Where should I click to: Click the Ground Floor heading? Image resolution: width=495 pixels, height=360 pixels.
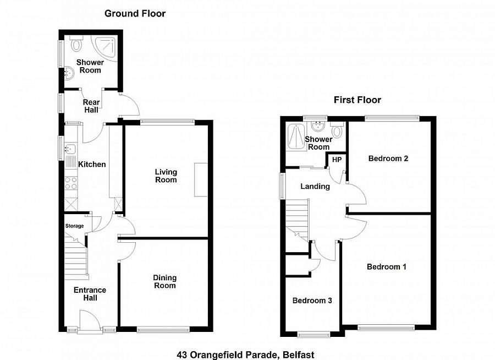pos(135,13)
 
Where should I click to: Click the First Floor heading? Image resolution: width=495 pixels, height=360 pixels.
pos(358,100)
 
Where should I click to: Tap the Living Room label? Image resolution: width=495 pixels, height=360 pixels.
pos(166,176)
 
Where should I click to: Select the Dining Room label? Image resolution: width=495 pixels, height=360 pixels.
pos(164,281)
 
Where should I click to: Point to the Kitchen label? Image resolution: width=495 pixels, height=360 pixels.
pos(92,164)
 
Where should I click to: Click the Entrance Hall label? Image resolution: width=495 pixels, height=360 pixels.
pos(90,294)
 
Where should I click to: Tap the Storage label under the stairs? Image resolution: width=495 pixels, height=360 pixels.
pos(75,226)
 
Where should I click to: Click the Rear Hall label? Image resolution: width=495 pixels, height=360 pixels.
pos(91,106)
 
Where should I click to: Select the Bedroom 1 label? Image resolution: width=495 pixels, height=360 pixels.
pos(387,267)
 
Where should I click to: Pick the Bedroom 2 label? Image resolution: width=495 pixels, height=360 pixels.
pos(388,159)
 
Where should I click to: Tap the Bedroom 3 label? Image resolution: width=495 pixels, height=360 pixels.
pos(312,301)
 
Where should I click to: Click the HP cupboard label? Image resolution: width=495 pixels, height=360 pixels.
pos(336,160)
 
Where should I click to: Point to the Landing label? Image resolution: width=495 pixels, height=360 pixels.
pos(315,186)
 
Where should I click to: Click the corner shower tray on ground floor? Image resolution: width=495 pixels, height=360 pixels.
pos(105,48)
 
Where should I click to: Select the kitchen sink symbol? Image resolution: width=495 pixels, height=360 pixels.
pos(69,148)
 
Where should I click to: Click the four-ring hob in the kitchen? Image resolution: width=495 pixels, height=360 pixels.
pos(71,183)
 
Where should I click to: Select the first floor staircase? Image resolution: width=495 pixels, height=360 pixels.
pos(298,220)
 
